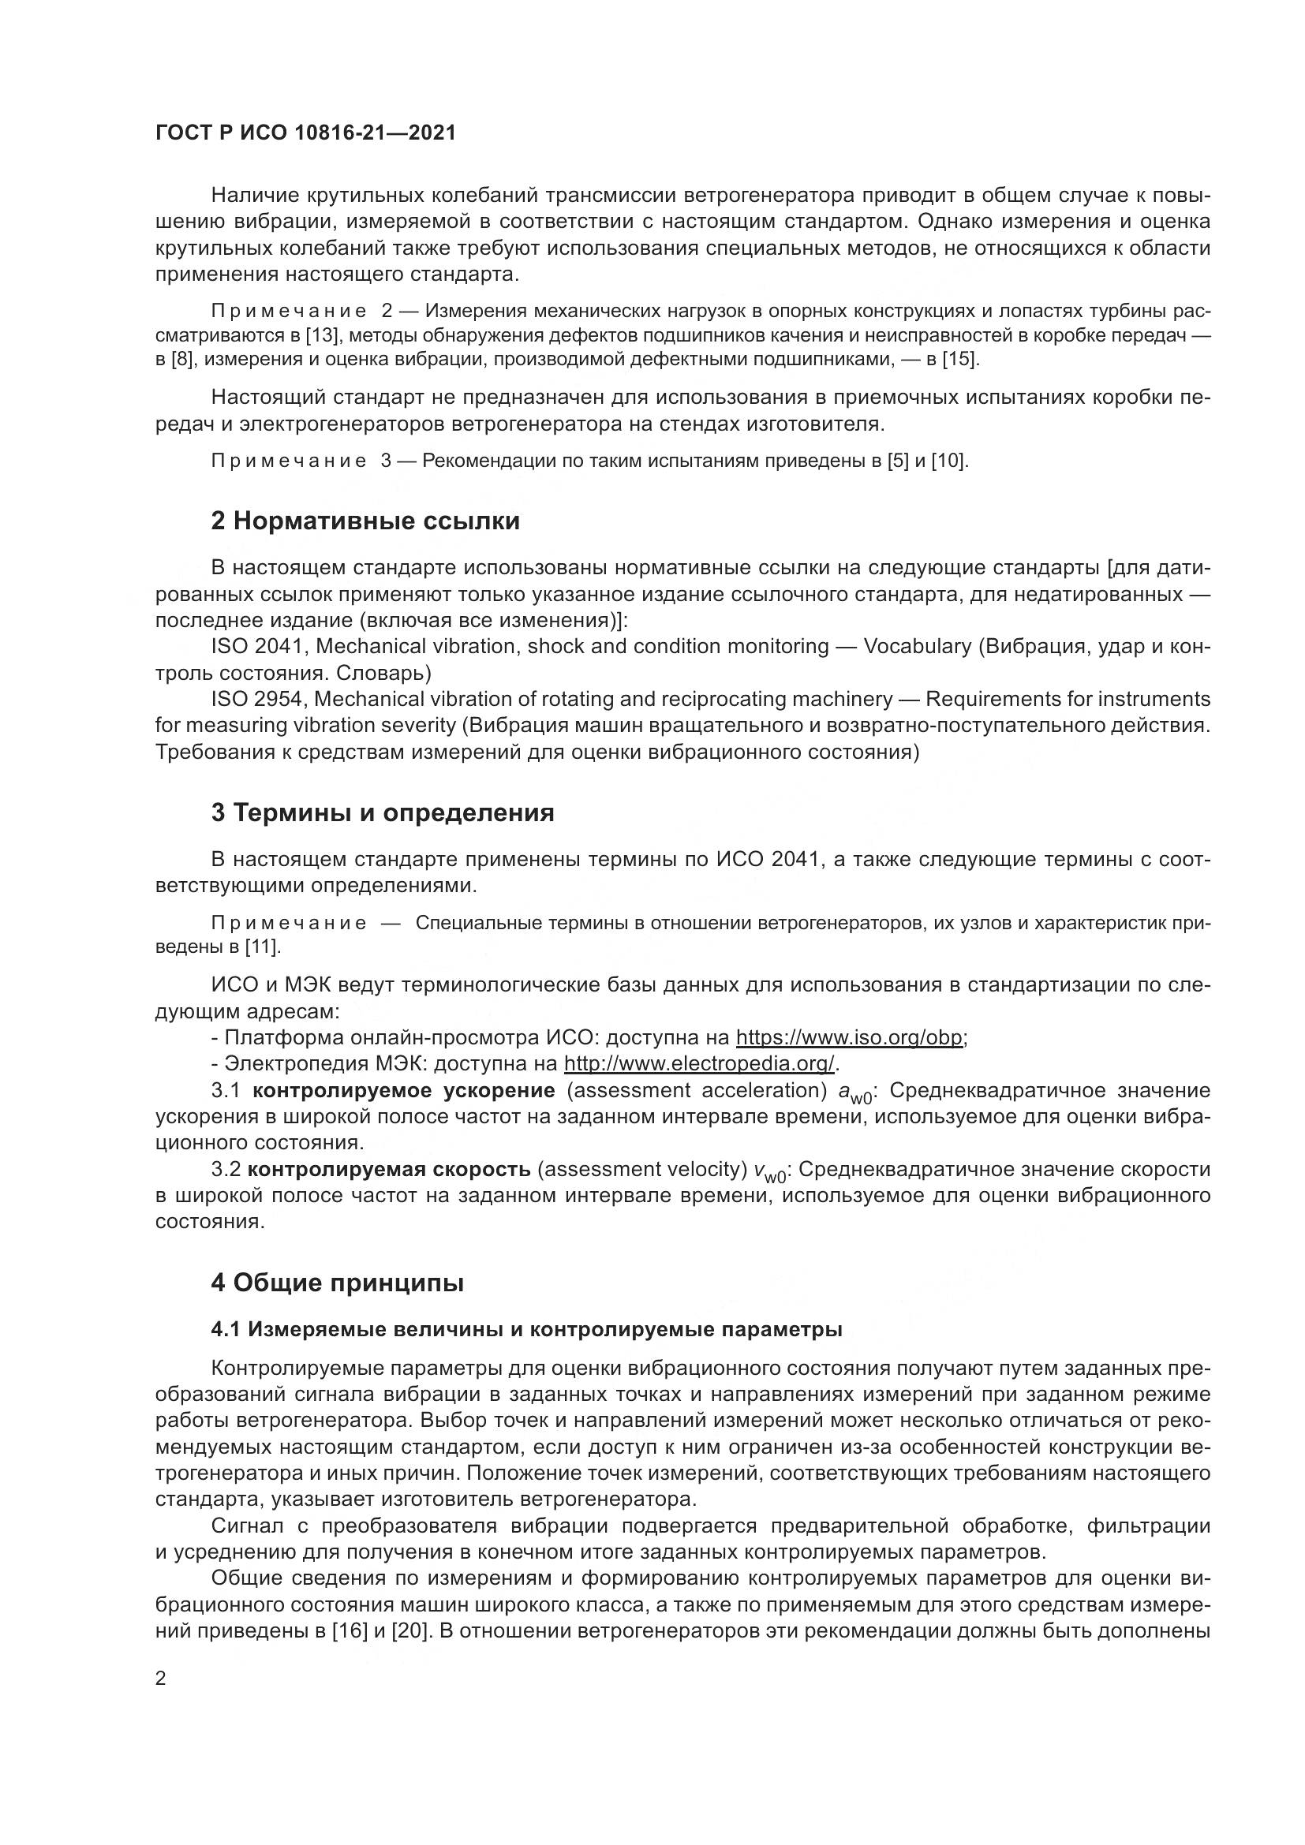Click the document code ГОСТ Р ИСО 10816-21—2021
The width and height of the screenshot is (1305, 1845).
click(305, 133)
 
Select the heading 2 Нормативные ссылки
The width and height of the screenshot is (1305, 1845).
click(365, 521)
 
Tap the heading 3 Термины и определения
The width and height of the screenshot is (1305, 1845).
click(383, 813)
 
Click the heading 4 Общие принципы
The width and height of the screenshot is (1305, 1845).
click(338, 1283)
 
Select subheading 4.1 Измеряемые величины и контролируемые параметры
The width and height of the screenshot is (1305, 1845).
click(526, 1330)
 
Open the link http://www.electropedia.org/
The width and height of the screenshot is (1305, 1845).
click(699, 1064)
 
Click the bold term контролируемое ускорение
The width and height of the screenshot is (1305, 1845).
click(403, 1090)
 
